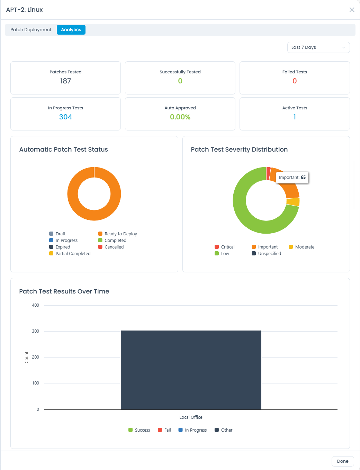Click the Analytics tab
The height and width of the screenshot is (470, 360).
pyautogui.click(x=71, y=30)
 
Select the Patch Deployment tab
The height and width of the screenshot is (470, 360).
pyautogui.click(x=31, y=30)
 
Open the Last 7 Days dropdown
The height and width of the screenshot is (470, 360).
pyautogui.click(x=318, y=47)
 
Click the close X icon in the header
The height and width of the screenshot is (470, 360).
pyautogui.click(x=352, y=10)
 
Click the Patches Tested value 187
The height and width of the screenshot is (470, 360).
pyautogui.click(x=65, y=81)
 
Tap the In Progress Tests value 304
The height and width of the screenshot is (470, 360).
pyautogui.click(x=65, y=117)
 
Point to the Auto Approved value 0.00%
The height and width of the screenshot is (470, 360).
pyautogui.click(x=180, y=117)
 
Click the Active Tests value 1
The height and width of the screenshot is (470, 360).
pyautogui.click(x=295, y=117)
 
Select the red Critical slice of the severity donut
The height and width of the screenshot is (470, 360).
pyautogui.click(x=268, y=173)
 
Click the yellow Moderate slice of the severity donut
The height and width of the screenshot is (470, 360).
pyautogui.click(x=293, y=202)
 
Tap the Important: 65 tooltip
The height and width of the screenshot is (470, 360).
pyautogui.click(x=292, y=178)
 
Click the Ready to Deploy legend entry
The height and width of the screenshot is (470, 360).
pyautogui.click(x=118, y=234)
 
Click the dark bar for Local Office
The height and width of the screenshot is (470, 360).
pyautogui.click(x=191, y=370)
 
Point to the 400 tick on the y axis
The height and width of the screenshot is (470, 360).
pyautogui.click(x=35, y=305)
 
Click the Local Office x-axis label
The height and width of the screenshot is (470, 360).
pyautogui.click(x=191, y=417)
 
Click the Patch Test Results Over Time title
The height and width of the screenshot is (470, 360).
pyautogui.click(x=64, y=291)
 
